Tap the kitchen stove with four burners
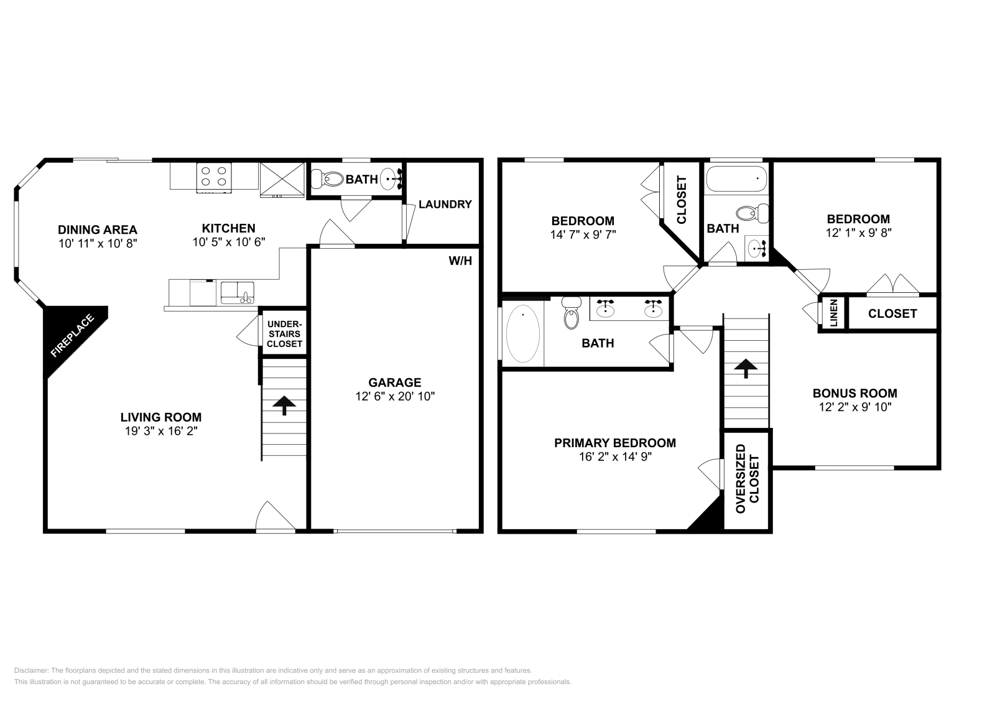tap(214, 176)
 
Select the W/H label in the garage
tap(460, 261)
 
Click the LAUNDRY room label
tap(445, 204)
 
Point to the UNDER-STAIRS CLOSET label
tap(284, 334)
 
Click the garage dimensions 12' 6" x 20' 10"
tap(395, 396)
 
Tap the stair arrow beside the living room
tap(284, 405)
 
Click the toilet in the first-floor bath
tap(328, 179)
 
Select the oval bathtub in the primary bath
tap(522, 333)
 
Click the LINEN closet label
tap(833, 313)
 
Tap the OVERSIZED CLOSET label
tap(747, 478)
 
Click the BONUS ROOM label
tap(854, 393)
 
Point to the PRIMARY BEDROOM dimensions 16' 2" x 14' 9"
tap(614, 456)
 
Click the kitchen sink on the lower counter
tap(238, 292)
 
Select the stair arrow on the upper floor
tap(745, 368)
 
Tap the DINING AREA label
tap(97, 229)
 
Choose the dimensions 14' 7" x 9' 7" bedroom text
tap(583, 234)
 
